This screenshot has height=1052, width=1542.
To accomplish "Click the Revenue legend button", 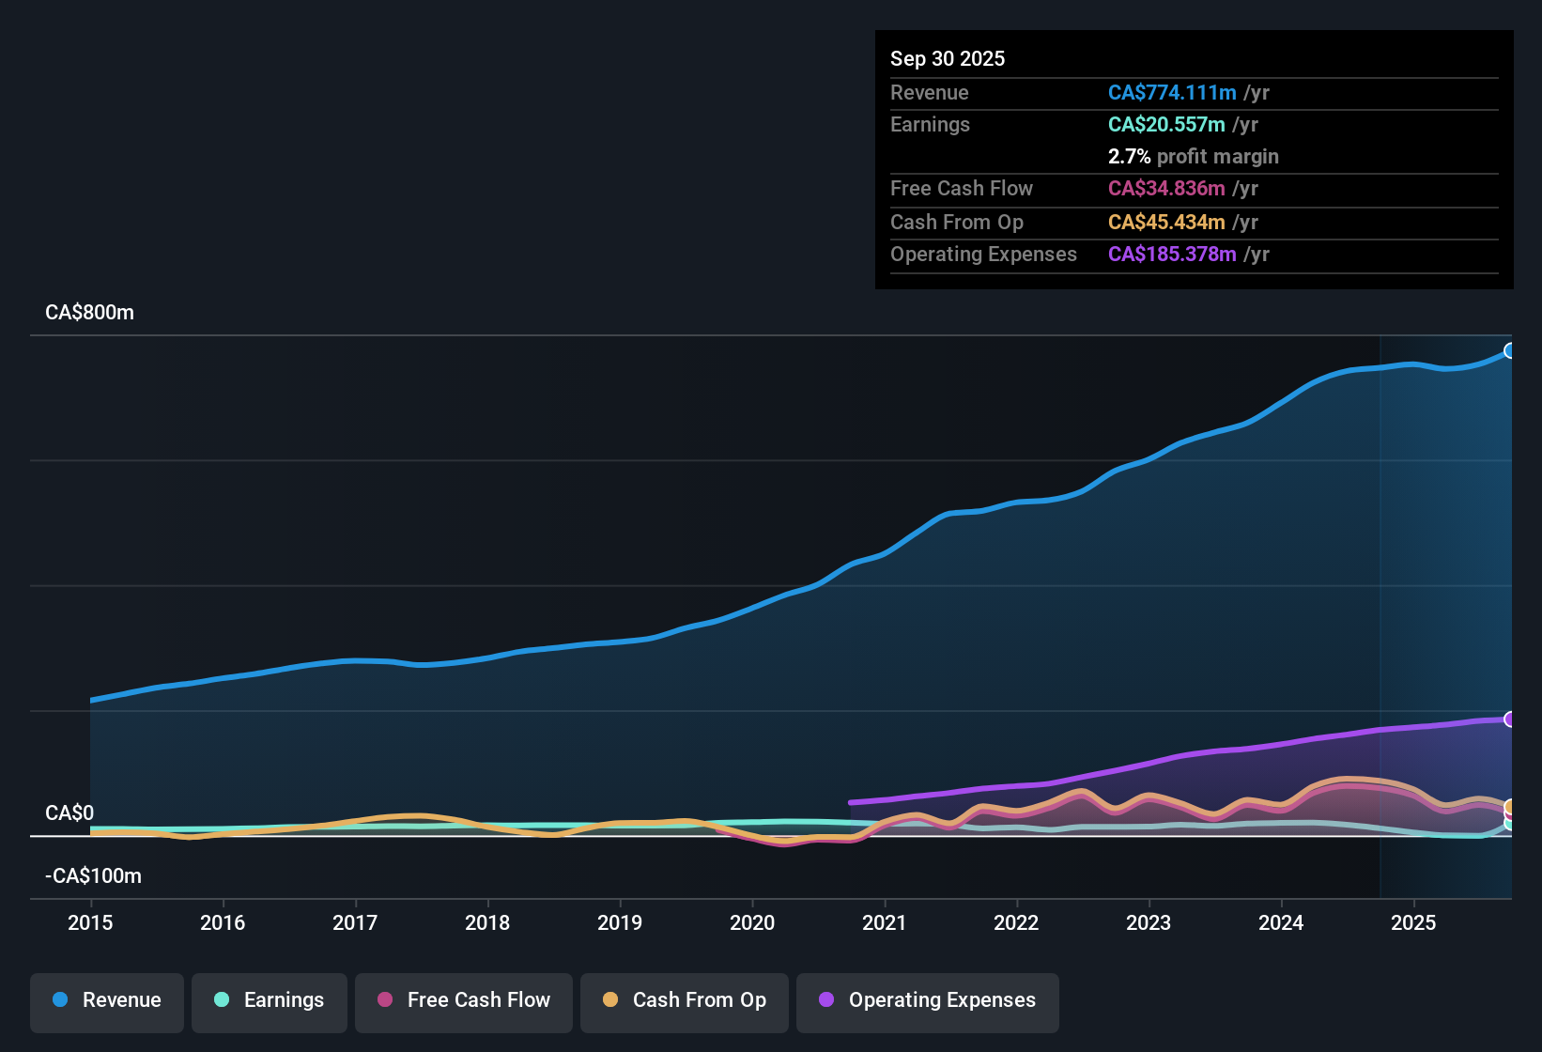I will [107, 1000].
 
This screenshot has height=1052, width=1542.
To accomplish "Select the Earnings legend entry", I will [270, 1000].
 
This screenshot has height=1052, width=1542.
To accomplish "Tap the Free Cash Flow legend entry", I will [464, 1000].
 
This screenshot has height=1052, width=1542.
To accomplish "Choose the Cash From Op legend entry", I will [685, 1000].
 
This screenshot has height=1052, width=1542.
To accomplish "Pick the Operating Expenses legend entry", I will [928, 1000].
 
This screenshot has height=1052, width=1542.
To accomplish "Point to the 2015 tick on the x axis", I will [90, 922].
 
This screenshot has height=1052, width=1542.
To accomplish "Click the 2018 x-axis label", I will [487, 922].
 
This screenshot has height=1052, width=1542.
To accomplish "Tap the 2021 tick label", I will [884, 922].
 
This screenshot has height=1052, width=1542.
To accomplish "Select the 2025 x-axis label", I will [1412, 922].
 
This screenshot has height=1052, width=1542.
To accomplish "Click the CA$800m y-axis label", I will [89, 313].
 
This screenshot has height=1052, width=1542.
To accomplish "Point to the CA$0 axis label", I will [69, 812].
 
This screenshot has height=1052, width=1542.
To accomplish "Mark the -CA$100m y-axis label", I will [93, 876].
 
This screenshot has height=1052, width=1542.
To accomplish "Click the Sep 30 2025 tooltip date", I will [947, 58].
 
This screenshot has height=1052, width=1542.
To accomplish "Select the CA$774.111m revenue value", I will [1171, 92].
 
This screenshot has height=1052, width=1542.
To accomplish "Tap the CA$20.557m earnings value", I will [1165, 124].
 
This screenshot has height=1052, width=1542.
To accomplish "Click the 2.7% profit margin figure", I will [1129, 156].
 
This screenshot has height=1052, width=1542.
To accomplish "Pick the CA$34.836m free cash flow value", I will [1165, 188].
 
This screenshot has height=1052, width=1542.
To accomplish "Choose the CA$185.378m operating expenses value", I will [1171, 254].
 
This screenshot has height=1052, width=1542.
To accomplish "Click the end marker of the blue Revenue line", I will [1510, 350].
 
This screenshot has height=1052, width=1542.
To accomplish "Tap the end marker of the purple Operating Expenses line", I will [1510, 719].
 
